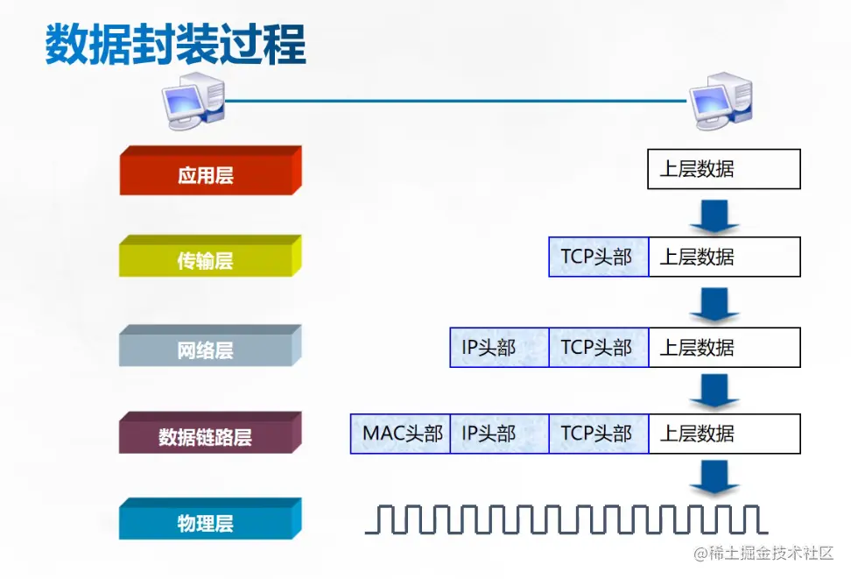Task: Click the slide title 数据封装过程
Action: (176, 45)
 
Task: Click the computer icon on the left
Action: (192, 101)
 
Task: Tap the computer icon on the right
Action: (721, 101)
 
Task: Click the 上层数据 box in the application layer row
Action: (723, 169)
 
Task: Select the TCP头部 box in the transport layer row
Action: (598, 257)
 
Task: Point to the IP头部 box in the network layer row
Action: (499, 347)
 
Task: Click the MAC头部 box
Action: (400, 434)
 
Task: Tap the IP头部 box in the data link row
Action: (499, 434)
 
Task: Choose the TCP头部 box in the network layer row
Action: (598, 347)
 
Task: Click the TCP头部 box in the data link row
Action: (598, 434)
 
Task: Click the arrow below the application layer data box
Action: (714, 215)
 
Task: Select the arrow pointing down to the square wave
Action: (714, 478)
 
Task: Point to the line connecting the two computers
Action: (455, 101)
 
